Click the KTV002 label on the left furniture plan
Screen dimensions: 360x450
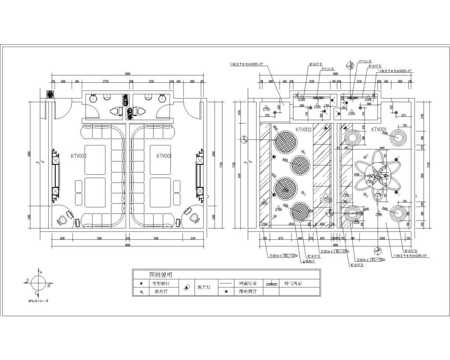(79, 156)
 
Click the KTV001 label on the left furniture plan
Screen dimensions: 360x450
(164, 156)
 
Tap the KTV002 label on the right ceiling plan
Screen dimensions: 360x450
(303, 130)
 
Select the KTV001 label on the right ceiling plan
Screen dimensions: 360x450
(379, 130)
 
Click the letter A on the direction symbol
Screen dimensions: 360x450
(41, 273)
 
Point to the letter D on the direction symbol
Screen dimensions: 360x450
(28, 280)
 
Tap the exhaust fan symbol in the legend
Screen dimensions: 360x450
(273, 284)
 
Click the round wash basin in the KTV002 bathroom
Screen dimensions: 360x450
(92, 99)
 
